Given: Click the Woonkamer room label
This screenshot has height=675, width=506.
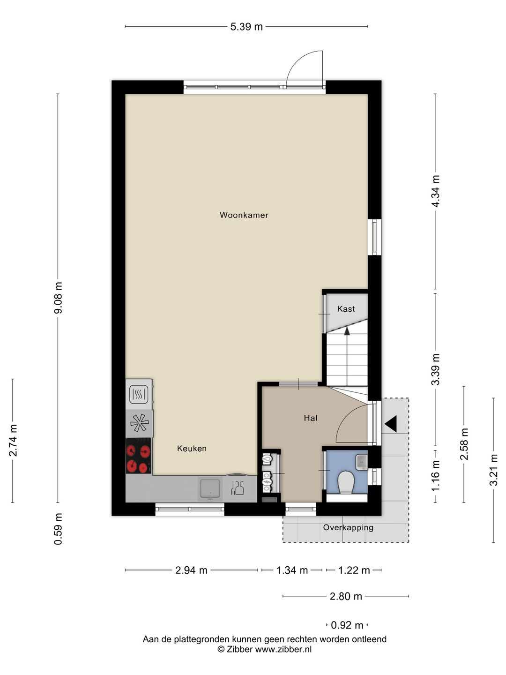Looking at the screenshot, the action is point(244,215).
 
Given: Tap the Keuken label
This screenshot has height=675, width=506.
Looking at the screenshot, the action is point(192,449).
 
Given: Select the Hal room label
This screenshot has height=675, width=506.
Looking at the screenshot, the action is point(311,418).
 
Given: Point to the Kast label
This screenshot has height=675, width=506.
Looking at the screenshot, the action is point(346,309).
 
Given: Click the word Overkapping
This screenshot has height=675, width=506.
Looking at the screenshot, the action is point(348,528).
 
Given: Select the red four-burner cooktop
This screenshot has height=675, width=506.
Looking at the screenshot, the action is point(139,456).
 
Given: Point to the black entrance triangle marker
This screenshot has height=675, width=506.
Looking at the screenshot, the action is point(391,424).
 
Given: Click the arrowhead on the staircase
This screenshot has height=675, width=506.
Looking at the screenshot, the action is point(347,331).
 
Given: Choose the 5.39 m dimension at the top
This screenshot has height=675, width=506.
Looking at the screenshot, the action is point(246,27).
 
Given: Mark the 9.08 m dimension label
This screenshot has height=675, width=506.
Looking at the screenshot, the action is point(58,298).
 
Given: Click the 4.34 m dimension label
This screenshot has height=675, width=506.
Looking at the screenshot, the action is point(436,191).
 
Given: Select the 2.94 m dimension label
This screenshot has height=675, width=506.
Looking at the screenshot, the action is point(192,570).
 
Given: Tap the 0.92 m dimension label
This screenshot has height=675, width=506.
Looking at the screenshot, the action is point(347,625).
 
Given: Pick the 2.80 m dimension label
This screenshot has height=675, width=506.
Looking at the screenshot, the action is point(346,597).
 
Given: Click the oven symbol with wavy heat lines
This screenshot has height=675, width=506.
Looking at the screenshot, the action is point(139,394).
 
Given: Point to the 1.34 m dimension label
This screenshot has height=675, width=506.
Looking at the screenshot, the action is point(292,570).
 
